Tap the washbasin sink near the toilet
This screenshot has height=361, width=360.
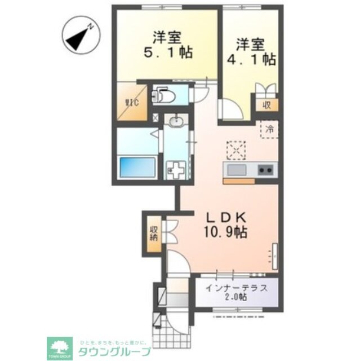[176, 121]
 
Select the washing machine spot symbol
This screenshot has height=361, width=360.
[176, 169]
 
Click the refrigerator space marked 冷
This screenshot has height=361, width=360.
[269, 129]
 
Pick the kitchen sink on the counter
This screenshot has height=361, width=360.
[236, 169]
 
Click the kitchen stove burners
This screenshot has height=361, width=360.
[265, 169]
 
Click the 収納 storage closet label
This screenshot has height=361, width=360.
[154, 233]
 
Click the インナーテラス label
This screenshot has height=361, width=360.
[235, 287]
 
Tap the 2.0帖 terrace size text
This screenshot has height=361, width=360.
[235, 297]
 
